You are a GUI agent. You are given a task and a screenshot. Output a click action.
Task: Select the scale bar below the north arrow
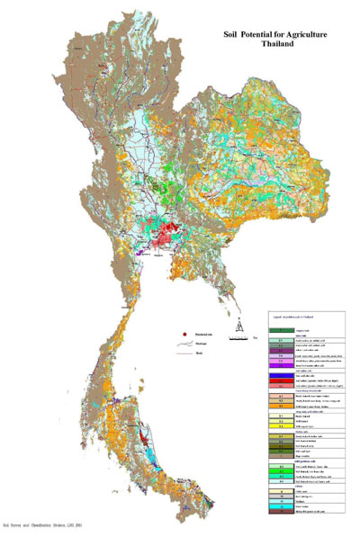click(236, 337)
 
